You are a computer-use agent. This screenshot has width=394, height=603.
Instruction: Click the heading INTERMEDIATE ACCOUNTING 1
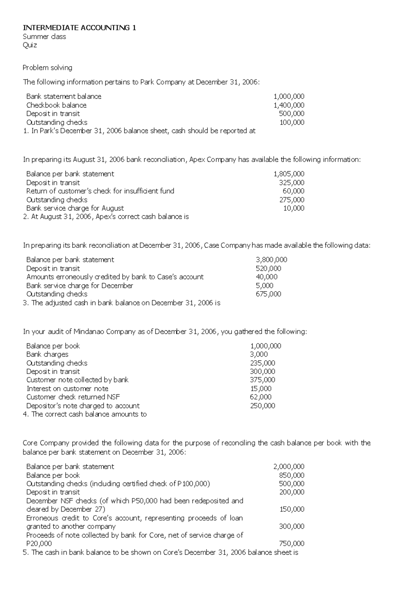79,28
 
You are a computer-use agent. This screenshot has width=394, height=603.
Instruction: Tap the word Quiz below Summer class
30,45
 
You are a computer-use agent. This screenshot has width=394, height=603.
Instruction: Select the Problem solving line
47,68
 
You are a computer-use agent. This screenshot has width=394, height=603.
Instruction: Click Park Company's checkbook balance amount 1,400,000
289,105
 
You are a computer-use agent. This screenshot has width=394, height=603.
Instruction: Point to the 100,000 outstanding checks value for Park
292,122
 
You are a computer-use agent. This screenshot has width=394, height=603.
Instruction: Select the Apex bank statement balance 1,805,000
289,174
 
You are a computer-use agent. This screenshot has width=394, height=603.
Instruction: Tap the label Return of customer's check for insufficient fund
100,191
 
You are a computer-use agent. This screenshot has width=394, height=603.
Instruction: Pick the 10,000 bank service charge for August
294,208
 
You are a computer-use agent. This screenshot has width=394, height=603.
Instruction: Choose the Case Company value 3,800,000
271,260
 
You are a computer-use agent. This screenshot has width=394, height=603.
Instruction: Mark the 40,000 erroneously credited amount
266,277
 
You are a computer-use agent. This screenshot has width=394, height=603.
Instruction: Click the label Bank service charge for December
79,286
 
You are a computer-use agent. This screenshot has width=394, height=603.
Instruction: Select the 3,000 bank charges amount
259,354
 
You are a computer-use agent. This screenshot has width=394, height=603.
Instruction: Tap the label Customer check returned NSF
73,397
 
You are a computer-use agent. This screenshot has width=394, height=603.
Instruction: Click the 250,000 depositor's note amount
262,406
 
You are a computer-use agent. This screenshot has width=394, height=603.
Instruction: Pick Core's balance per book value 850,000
292,475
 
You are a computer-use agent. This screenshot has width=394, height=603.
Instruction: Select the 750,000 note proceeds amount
292,544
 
